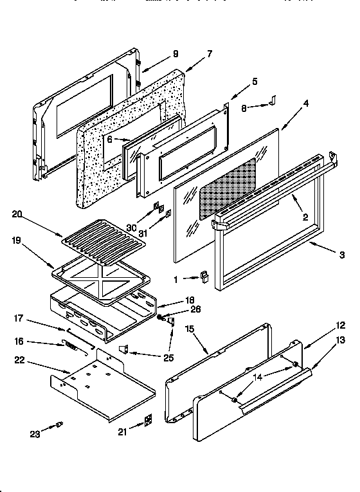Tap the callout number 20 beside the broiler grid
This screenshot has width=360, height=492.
(17, 215)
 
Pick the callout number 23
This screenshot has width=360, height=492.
(35, 435)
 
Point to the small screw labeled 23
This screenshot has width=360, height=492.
(60, 424)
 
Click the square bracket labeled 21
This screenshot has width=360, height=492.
(148, 420)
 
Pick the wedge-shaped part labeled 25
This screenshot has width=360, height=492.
(125, 349)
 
